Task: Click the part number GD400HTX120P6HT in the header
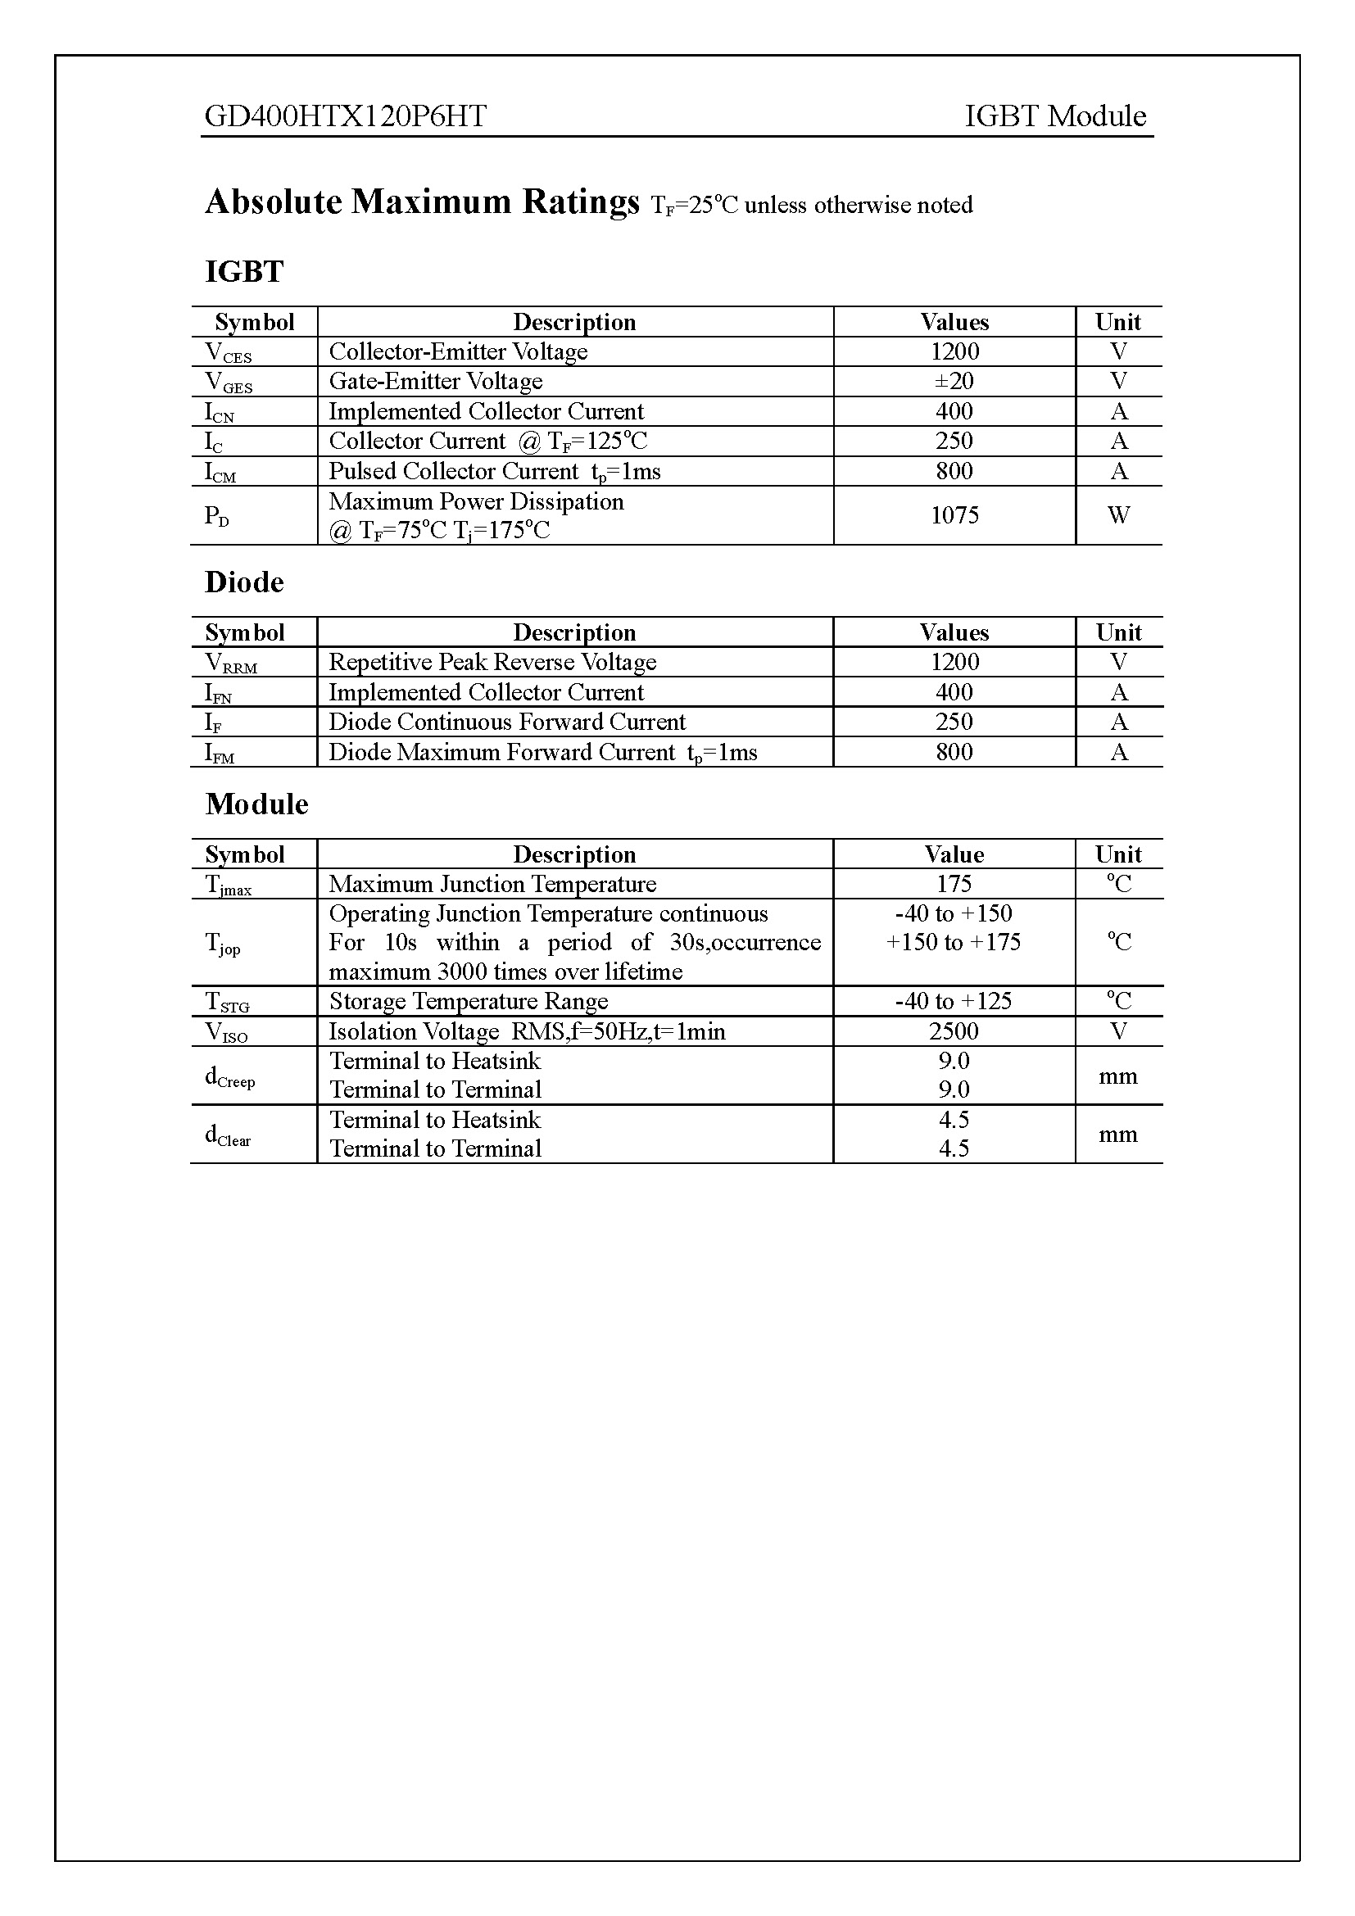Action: [346, 116]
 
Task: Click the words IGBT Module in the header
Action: [1054, 116]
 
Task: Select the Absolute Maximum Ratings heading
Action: [422, 202]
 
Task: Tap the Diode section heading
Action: [244, 582]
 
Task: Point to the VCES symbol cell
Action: [229, 353]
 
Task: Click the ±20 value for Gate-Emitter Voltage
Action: [954, 382]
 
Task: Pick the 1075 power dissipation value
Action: [954, 515]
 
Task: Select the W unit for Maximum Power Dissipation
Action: [1118, 515]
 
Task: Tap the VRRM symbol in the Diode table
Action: [231, 664]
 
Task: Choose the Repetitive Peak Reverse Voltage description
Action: [492, 662]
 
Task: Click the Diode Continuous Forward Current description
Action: [506, 722]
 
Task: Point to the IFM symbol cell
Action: [220, 754]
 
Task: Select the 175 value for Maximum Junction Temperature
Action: [954, 884]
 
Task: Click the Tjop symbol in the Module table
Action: [223, 944]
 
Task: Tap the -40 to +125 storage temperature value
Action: [953, 1000]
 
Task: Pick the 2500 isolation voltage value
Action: [954, 1031]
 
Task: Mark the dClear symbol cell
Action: [228, 1135]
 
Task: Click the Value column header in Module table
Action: [954, 854]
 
